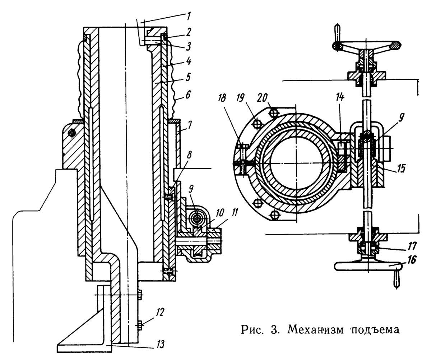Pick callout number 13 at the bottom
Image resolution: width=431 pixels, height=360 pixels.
[161, 344]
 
